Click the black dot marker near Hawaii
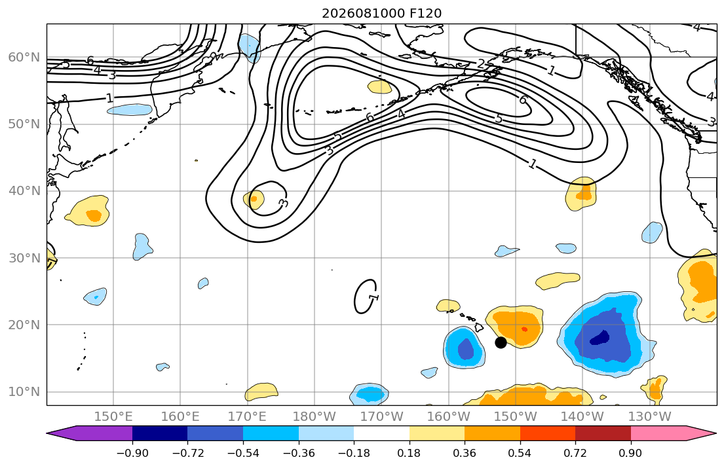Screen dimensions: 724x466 pyautogui.click(x=501, y=342)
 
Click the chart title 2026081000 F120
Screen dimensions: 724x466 pyautogui.click(x=381, y=13)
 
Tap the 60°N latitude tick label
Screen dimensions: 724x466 pyautogui.click(x=24, y=57)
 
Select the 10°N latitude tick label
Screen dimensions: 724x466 pyautogui.click(x=24, y=392)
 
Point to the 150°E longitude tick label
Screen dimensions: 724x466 pyautogui.click(x=113, y=417)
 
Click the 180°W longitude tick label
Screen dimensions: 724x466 pyautogui.click(x=314, y=417)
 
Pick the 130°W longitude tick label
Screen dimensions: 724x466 pyautogui.click(x=650, y=417)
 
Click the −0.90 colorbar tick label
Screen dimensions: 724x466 pyautogui.click(x=132, y=453)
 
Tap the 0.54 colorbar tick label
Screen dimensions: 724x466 pyautogui.click(x=520, y=453)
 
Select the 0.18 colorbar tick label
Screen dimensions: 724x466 pyautogui.click(x=409, y=453)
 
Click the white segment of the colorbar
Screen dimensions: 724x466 pyautogui.click(x=381, y=433)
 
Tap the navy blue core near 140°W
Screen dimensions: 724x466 pyautogui.click(x=600, y=338)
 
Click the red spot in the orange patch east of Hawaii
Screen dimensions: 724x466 pyautogui.click(x=524, y=329)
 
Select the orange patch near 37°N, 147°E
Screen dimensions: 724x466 pyautogui.click(x=94, y=215)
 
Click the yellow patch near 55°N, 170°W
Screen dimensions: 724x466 pyautogui.click(x=380, y=86)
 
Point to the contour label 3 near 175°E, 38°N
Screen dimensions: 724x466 pyautogui.click(x=284, y=203)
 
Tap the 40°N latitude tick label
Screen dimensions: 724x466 pyautogui.click(x=24, y=191)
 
